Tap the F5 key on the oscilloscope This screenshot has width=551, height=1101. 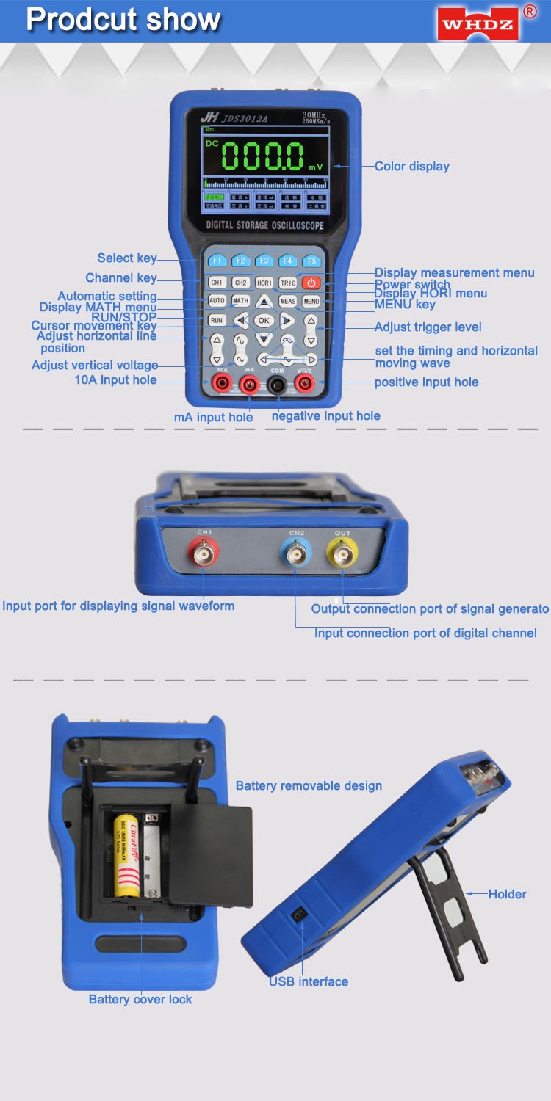pos(311,261)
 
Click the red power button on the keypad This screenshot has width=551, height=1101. pos(311,283)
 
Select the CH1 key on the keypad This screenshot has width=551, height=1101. pos(217,283)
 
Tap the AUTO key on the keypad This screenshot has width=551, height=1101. pos(217,301)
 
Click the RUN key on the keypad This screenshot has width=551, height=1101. pos(217,321)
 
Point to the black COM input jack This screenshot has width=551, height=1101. pos(277,384)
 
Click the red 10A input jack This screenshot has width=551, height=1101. pos(220,384)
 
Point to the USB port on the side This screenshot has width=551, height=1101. pos(300,915)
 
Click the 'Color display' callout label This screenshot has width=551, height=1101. pos(411,167)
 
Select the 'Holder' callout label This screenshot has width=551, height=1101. pos(507,894)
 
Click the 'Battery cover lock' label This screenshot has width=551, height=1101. pos(140,1000)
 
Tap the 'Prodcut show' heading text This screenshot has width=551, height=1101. pos(123,20)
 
